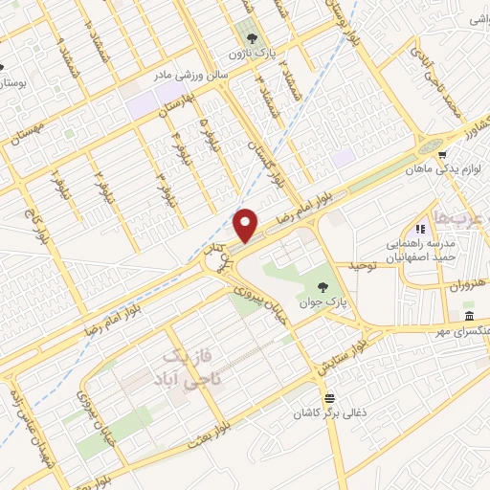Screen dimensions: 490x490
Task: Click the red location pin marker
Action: tap(246, 224)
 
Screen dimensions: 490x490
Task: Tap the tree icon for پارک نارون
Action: tap(252, 39)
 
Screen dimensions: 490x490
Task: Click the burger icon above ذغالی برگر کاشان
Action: tap(329, 397)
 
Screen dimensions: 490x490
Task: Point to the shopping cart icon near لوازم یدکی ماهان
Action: tap(441, 151)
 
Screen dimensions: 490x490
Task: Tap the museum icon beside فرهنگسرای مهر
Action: tap(469, 317)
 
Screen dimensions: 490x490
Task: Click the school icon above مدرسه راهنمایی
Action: tap(419, 229)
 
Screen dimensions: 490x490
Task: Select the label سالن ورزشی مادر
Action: tap(195, 73)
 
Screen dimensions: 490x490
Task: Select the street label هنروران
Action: tap(469, 285)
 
